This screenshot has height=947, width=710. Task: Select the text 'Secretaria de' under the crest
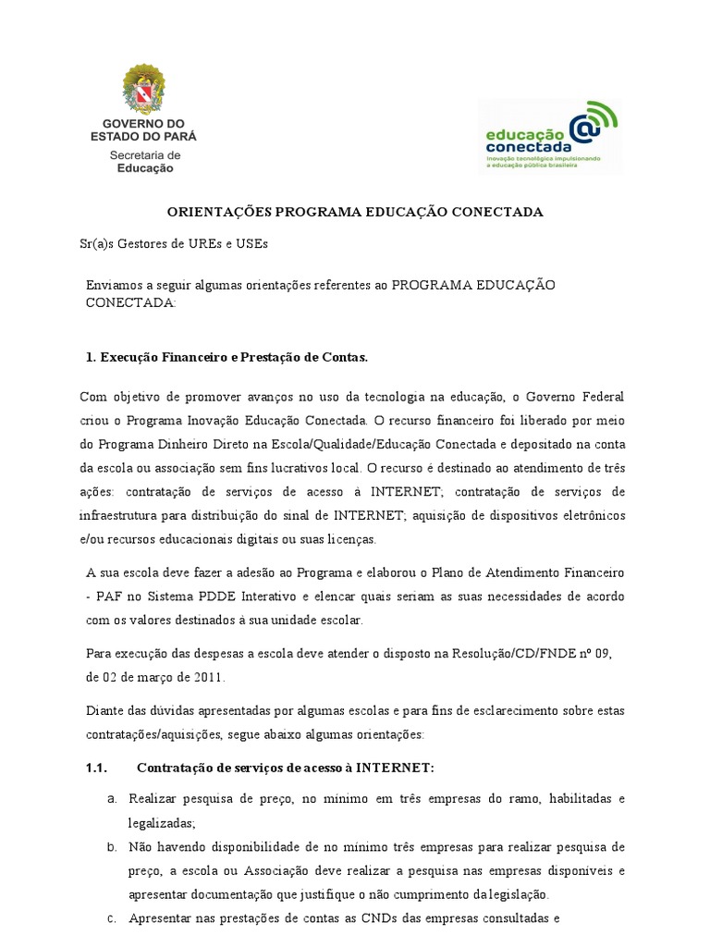[145, 154]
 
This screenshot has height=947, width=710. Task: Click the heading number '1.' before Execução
[91, 356]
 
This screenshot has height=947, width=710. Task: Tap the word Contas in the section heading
[343, 356]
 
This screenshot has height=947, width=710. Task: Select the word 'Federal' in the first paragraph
[601, 397]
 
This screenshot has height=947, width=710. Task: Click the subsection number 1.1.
[97, 768]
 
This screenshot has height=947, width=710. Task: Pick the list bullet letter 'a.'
[111, 797]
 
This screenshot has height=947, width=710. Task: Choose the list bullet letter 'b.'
[111, 846]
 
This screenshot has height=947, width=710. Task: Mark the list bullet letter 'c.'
[111, 919]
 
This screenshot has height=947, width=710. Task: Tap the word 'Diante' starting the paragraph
[104, 711]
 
